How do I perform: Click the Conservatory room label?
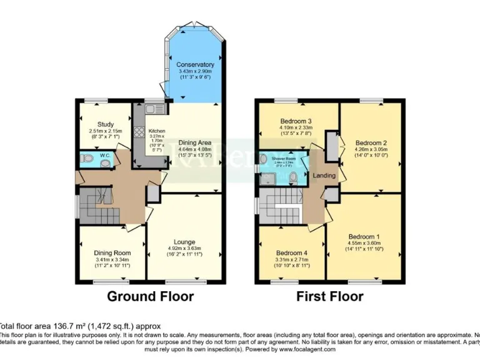(195, 64)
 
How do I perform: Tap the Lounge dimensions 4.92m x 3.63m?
(184, 249)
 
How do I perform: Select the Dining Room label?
(112, 253)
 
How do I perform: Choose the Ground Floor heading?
(151, 296)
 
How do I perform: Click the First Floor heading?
(329, 296)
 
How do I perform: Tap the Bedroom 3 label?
(296, 121)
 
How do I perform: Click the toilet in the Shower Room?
(293, 177)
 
